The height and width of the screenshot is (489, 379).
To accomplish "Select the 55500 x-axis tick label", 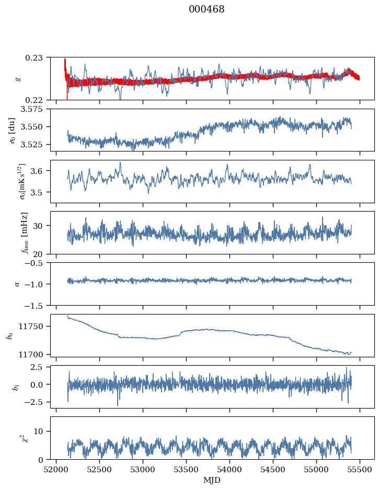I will pos(359,469).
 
